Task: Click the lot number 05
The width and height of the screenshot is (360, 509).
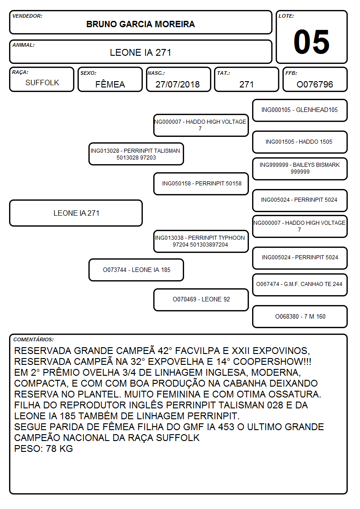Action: (311, 42)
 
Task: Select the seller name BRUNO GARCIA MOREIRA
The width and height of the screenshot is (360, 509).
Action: (141, 24)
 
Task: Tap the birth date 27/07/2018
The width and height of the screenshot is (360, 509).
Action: (178, 84)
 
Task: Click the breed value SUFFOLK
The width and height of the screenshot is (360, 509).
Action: (42, 83)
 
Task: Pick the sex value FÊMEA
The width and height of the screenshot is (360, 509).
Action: (110, 83)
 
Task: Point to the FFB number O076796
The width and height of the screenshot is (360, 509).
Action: (315, 84)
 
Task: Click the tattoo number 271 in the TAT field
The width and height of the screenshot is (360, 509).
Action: (246, 84)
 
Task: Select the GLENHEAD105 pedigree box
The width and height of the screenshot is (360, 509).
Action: (300, 111)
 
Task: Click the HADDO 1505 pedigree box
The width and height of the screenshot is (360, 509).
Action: (300, 142)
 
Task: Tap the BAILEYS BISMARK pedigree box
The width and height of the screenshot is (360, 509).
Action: (300, 169)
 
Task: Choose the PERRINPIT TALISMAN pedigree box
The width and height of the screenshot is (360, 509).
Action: (136, 154)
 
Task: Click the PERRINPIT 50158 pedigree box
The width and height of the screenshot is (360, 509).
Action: (201, 184)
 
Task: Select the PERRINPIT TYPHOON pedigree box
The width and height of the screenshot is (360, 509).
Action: (201, 241)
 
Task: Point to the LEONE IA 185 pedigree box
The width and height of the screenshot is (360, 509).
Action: (136, 270)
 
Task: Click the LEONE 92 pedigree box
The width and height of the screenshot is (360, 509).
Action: (201, 300)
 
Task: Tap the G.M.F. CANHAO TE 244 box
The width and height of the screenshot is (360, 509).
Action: (300, 285)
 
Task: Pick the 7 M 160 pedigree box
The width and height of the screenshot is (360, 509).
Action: (300, 316)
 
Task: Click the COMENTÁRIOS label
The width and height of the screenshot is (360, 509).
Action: (34, 339)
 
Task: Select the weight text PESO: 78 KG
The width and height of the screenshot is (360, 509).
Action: (44, 449)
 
